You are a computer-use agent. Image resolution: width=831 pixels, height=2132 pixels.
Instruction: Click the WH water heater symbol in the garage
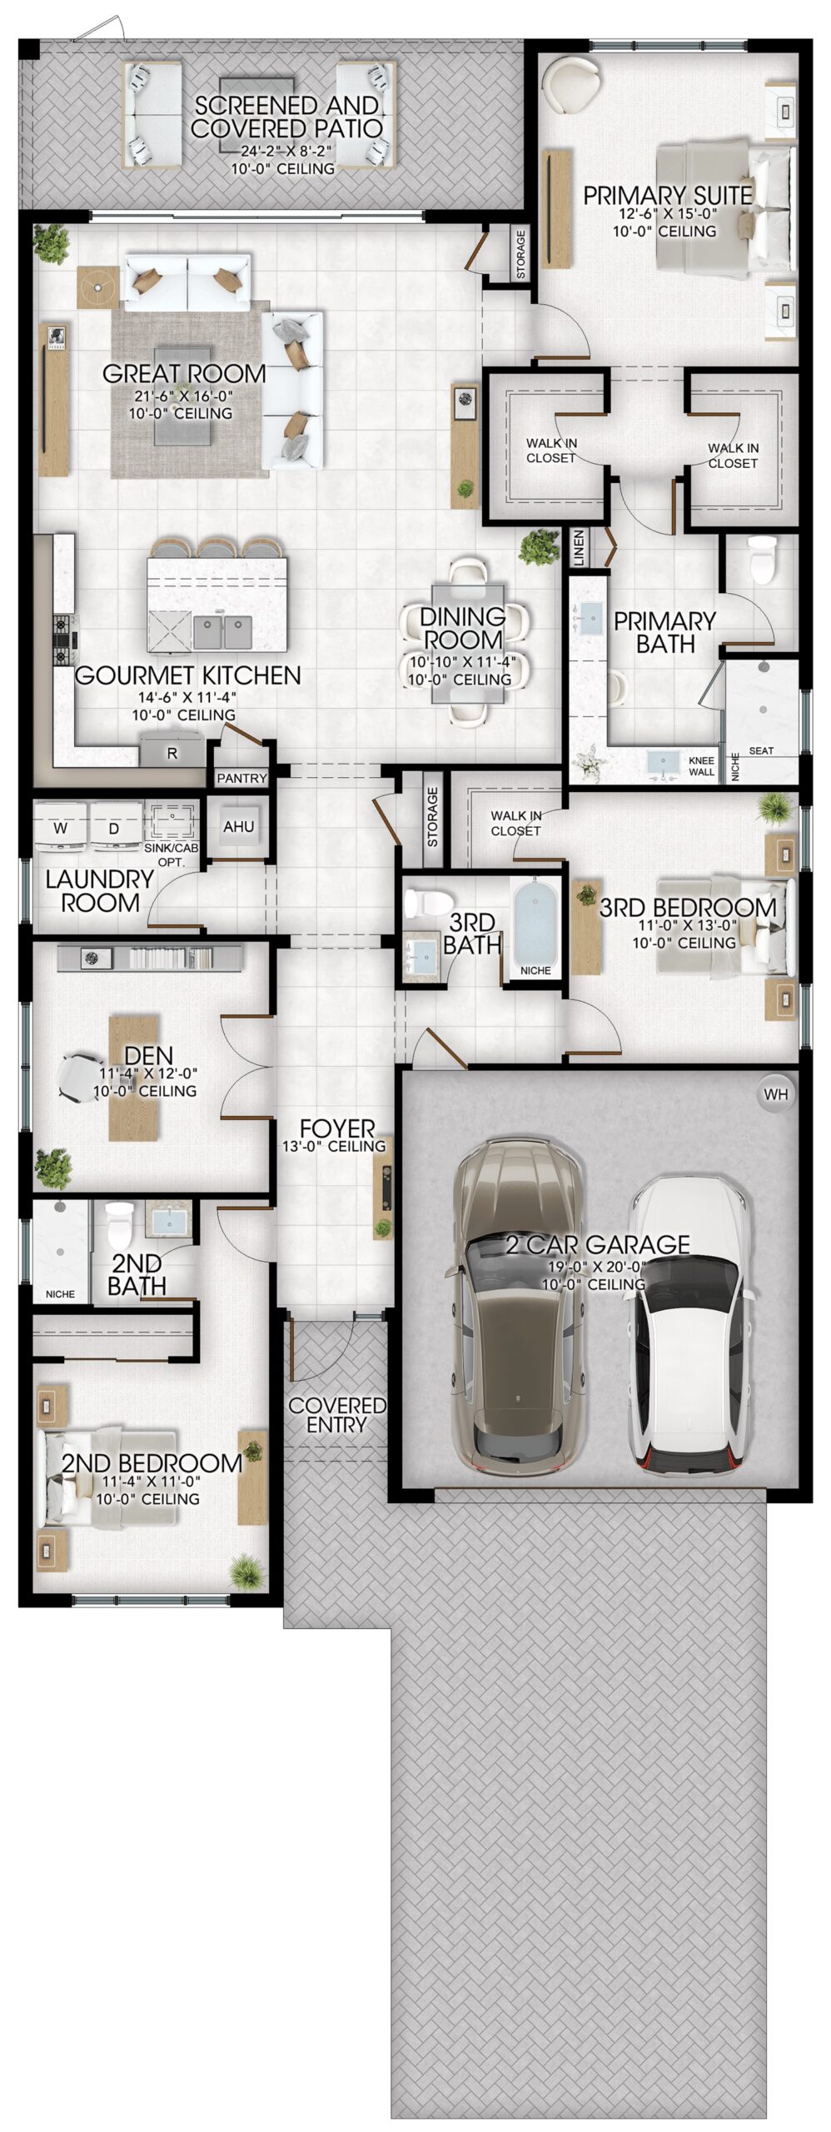coord(775,1094)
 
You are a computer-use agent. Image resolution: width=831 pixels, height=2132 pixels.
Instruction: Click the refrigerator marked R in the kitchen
coord(172,752)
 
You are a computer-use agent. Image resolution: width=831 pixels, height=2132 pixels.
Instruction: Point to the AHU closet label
coord(238,827)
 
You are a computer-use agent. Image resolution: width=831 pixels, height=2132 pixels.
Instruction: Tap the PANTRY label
coord(241,778)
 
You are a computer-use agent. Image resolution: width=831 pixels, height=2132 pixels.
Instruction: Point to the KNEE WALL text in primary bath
coord(701,766)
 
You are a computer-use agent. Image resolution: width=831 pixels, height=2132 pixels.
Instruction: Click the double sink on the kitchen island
coord(223,632)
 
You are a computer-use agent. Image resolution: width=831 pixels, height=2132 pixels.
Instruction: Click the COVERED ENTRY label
coord(337,1415)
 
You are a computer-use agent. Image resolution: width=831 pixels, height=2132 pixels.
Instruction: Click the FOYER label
coord(336,1128)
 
